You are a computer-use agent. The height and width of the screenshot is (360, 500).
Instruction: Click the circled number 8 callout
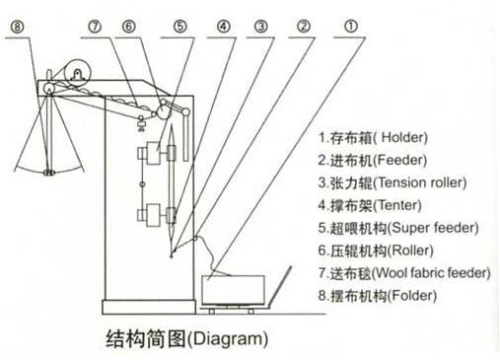(x=18, y=27)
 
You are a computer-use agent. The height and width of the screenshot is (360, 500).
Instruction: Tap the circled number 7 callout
(x=95, y=27)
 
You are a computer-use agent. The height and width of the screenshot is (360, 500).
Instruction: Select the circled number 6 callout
(x=129, y=27)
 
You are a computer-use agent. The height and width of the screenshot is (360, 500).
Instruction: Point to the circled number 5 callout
(x=180, y=27)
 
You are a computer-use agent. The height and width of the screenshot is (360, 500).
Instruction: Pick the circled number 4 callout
(x=224, y=27)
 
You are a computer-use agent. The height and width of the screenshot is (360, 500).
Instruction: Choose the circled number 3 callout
(x=261, y=27)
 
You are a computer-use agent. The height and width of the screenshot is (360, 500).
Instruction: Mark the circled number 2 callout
(x=304, y=27)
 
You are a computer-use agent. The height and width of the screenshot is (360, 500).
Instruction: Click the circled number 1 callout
(x=351, y=27)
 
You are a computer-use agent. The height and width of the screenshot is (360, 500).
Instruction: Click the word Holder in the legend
(x=402, y=137)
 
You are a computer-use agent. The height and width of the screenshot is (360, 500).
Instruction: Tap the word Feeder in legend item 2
(x=401, y=160)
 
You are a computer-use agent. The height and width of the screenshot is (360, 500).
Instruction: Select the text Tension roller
(x=420, y=182)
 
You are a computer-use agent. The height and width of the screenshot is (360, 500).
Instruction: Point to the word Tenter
(x=397, y=205)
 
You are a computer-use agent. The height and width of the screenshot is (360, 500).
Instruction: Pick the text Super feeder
(x=434, y=228)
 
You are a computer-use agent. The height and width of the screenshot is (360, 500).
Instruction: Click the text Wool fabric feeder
(x=432, y=273)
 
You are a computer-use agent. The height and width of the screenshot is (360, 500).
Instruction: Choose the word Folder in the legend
(x=412, y=296)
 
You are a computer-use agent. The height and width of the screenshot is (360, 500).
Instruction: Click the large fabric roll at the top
(x=78, y=73)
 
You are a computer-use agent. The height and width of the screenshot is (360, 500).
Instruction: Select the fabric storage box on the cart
(x=234, y=290)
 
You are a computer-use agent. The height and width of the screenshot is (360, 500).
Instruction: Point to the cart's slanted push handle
(x=280, y=285)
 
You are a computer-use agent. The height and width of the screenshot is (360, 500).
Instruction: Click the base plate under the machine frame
(x=149, y=307)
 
